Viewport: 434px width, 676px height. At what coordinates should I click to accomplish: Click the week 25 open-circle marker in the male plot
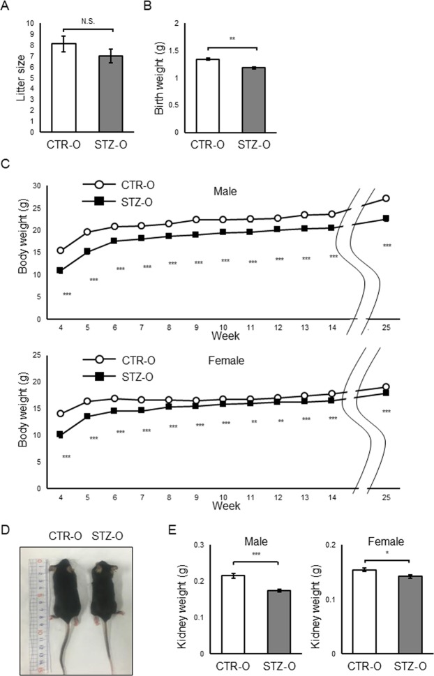tap(405, 198)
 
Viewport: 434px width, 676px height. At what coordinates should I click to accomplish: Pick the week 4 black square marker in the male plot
tap(61, 271)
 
